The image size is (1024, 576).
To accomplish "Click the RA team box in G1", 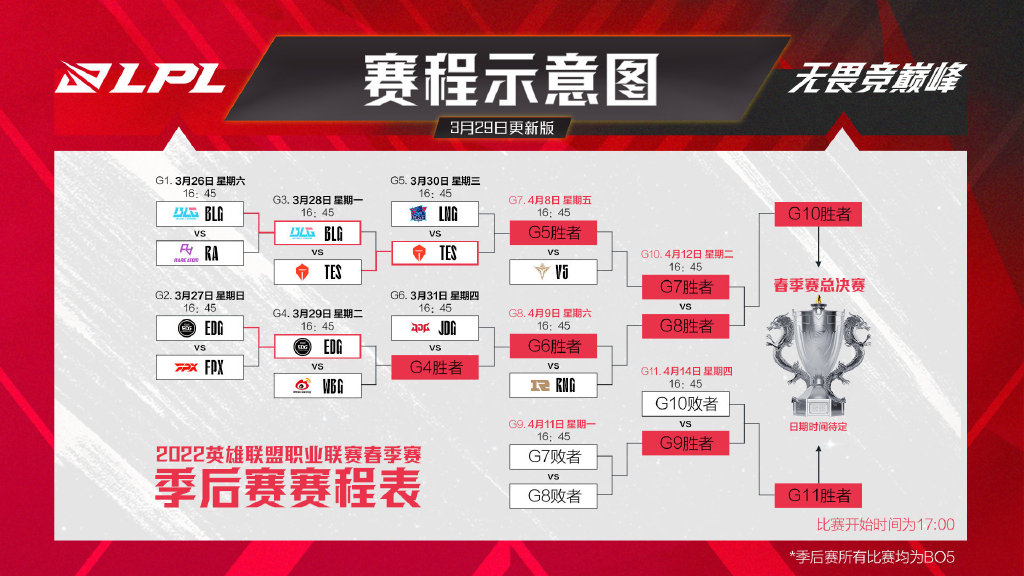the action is (x=200, y=253).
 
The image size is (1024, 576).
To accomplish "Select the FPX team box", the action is (x=200, y=367).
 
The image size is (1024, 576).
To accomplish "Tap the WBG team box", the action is (x=317, y=385).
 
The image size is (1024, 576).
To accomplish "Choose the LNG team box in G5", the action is (x=435, y=214).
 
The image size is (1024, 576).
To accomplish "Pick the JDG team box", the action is (x=435, y=328).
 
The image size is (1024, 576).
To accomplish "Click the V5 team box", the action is (x=553, y=272).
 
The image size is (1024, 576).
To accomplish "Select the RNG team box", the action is (x=553, y=385).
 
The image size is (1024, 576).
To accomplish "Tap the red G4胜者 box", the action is (x=435, y=367).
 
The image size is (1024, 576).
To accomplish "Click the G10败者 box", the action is (x=685, y=404).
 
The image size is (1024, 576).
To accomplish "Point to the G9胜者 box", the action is (x=685, y=443).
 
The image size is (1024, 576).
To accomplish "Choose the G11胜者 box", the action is (x=818, y=495).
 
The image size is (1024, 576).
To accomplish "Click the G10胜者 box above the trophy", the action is (x=818, y=214).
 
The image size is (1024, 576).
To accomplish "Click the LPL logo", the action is (x=140, y=78).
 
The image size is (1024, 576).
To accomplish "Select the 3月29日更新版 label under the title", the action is (x=502, y=127).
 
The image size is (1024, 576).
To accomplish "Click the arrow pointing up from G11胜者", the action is (x=818, y=464).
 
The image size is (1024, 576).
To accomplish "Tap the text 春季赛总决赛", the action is (x=819, y=285).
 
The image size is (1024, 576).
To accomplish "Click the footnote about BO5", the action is (x=872, y=557).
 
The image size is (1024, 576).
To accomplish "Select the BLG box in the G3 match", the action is (x=317, y=232).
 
